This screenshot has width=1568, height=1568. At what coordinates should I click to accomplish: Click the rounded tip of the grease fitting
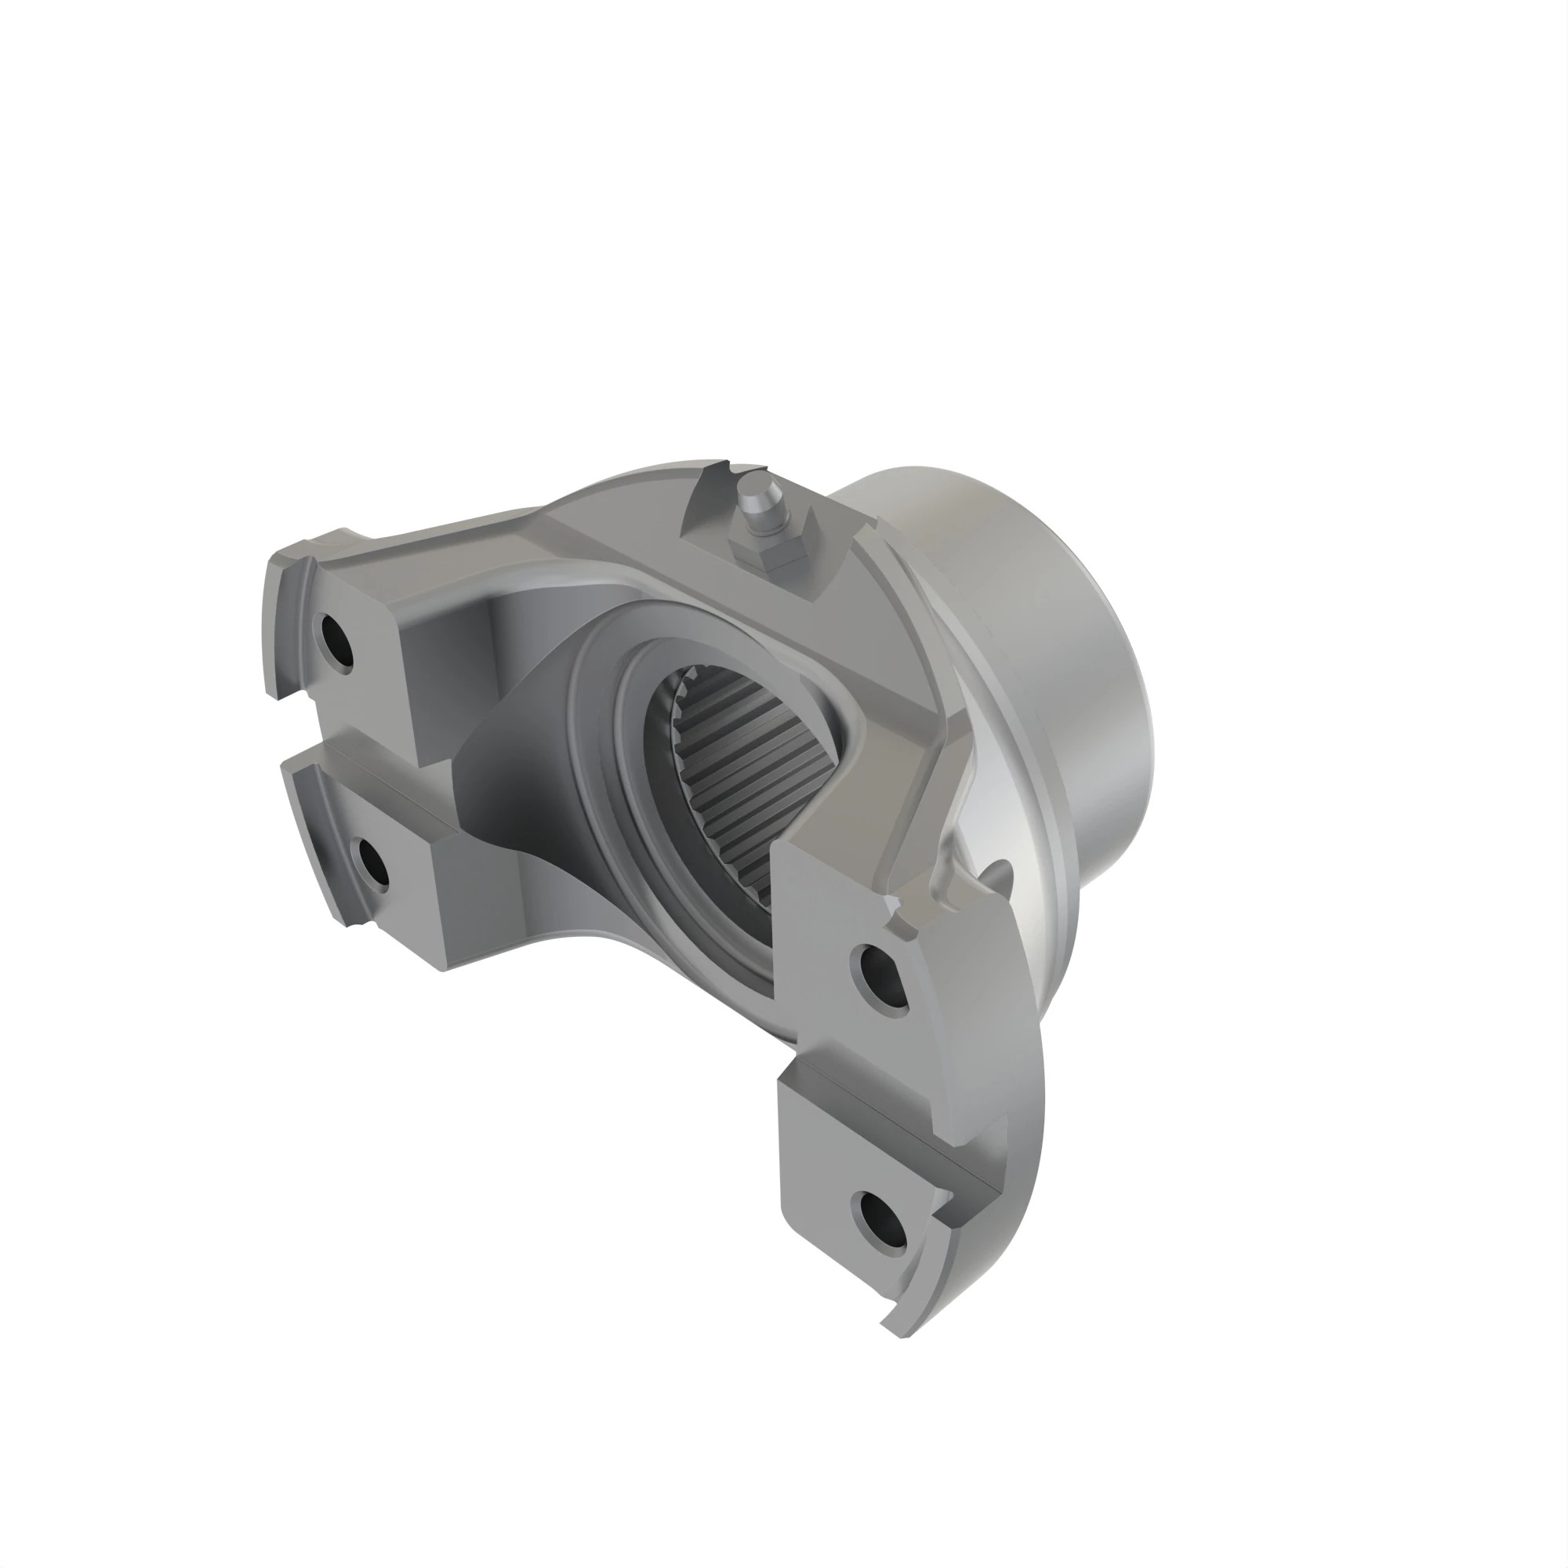tap(756, 492)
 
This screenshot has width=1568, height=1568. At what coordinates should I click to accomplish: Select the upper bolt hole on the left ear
tap(336, 641)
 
